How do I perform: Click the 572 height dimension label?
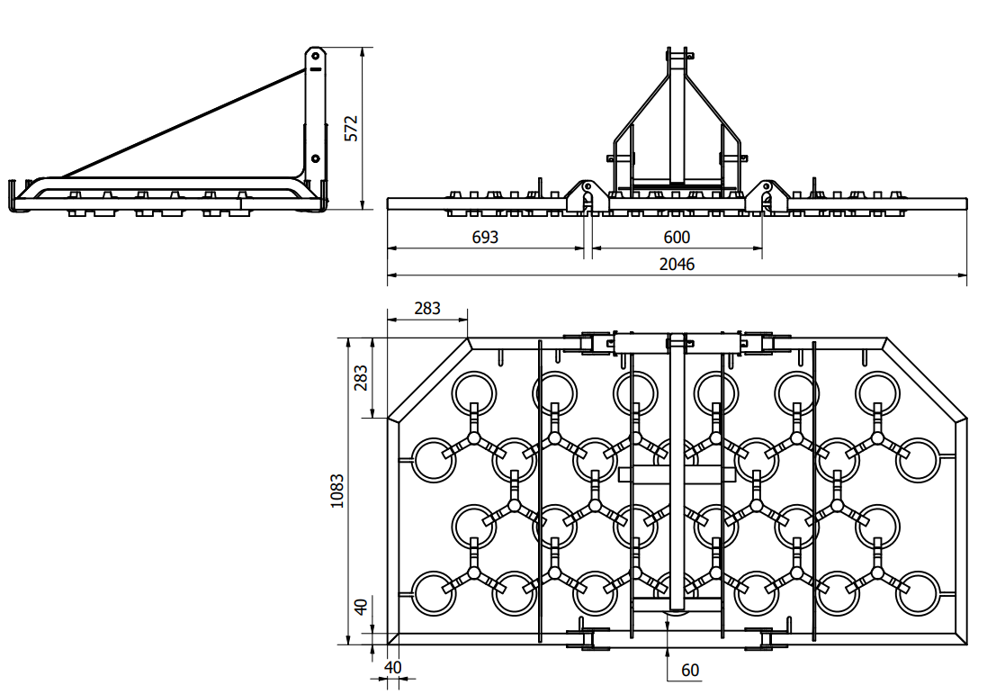[352, 128]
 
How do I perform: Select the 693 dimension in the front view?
[484, 238]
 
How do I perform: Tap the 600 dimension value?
[677, 238]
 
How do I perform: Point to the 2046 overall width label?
[677, 264]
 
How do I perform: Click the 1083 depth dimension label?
[337, 491]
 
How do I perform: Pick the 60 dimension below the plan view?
[690, 670]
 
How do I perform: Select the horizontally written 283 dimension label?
[427, 308]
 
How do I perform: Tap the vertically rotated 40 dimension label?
[360, 607]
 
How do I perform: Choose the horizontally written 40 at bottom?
[393, 667]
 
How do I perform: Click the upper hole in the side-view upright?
[316, 67]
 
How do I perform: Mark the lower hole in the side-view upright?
[316, 158]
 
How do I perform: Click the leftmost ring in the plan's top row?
[474, 392]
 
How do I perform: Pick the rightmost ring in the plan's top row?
[878, 392]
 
